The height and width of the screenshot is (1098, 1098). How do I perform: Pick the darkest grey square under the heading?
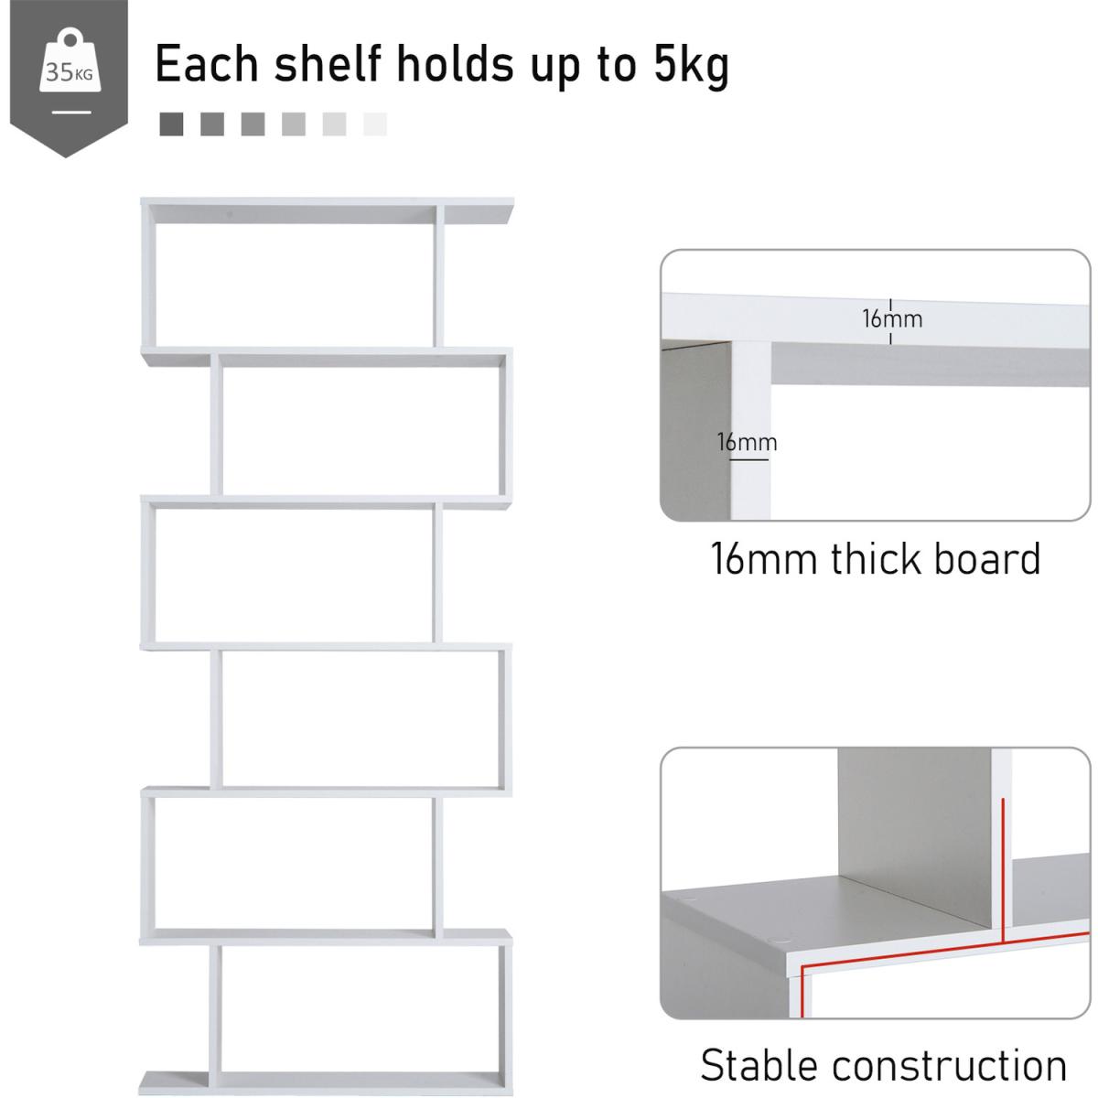[171, 124]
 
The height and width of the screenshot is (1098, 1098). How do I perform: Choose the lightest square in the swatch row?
[375, 124]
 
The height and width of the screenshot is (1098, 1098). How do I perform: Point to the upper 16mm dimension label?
[892, 319]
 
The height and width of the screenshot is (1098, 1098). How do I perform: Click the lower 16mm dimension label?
[747, 442]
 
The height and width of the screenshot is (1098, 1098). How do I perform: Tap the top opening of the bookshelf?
[295, 285]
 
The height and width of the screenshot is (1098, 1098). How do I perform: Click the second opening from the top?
[361, 431]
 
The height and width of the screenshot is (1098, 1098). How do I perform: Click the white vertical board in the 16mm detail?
[750, 430]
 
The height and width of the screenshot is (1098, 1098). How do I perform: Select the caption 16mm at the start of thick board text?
[763, 559]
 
